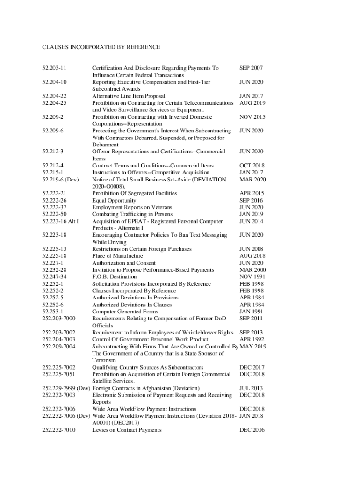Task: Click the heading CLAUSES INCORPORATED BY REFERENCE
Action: tap(101, 47)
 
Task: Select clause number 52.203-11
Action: tap(54, 68)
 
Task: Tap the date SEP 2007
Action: tap(251, 68)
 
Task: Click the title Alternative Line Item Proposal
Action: tap(129, 96)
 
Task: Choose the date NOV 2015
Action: tap(252, 117)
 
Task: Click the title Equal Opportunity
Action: tap(114, 200)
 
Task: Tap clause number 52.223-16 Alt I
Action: tap(60, 221)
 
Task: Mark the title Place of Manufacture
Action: tap(117, 256)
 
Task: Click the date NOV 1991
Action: tap(252, 277)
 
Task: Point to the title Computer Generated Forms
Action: tap(125, 312)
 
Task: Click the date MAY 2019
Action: tap(253, 346)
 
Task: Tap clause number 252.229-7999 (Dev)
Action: tap(66, 388)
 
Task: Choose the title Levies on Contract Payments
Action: tap(127, 430)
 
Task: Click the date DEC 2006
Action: tap(252, 430)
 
